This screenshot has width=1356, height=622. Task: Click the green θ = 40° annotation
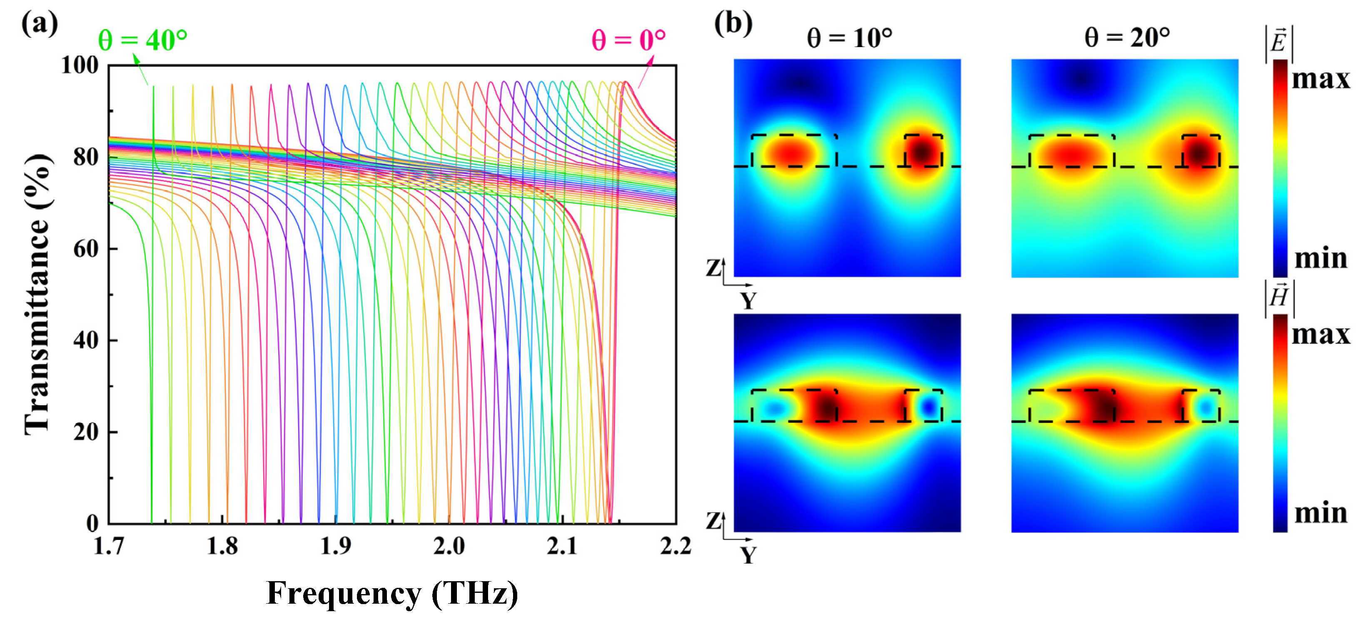point(142,40)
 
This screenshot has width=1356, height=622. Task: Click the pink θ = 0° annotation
point(628,40)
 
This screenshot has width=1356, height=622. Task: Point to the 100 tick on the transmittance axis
point(80,65)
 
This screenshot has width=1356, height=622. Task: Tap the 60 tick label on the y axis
point(86,249)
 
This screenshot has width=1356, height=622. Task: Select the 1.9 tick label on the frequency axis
point(336,546)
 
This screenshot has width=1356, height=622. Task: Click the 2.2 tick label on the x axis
point(676,546)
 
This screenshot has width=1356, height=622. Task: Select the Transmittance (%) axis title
point(38,295)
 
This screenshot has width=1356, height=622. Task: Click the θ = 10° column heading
point(849,38)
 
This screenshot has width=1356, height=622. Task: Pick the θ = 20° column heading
point(1127,38)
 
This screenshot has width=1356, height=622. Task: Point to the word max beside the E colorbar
point(1320,79)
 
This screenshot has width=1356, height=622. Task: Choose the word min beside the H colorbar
point(1320,512)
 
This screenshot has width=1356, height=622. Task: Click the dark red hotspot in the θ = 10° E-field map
point(922,153)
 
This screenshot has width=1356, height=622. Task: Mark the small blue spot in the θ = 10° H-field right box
point(930,407)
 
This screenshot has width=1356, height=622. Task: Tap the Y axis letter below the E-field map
point(748,301)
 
